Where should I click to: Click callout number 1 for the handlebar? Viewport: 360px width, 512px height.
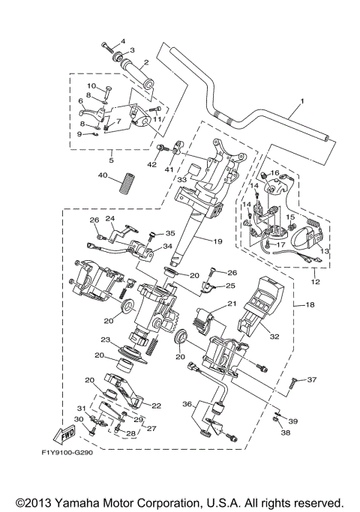pos(304,102)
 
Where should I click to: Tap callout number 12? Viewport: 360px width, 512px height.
pos(313,282)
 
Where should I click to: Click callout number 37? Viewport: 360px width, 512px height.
pos(313,381)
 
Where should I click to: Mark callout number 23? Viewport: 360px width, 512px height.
pos(105,340)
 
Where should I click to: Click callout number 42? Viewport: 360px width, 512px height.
pos(152,163)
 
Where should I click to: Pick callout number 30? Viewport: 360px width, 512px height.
pos(78,419)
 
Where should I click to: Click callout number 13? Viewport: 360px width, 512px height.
pos(324,251)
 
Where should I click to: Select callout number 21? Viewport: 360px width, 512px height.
pos(232,303)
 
